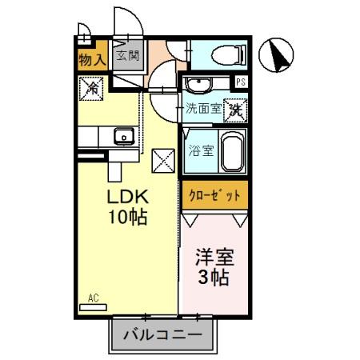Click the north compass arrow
[279, 55]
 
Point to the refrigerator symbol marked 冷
[91, 88]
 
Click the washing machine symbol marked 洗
[235, 109]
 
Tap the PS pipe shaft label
[241, 82]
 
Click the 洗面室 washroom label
[202, 110]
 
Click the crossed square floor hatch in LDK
[163, 160]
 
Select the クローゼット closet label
[214, 195]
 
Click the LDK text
[130, 197]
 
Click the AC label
[93, 298]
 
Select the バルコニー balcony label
[162, 334]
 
